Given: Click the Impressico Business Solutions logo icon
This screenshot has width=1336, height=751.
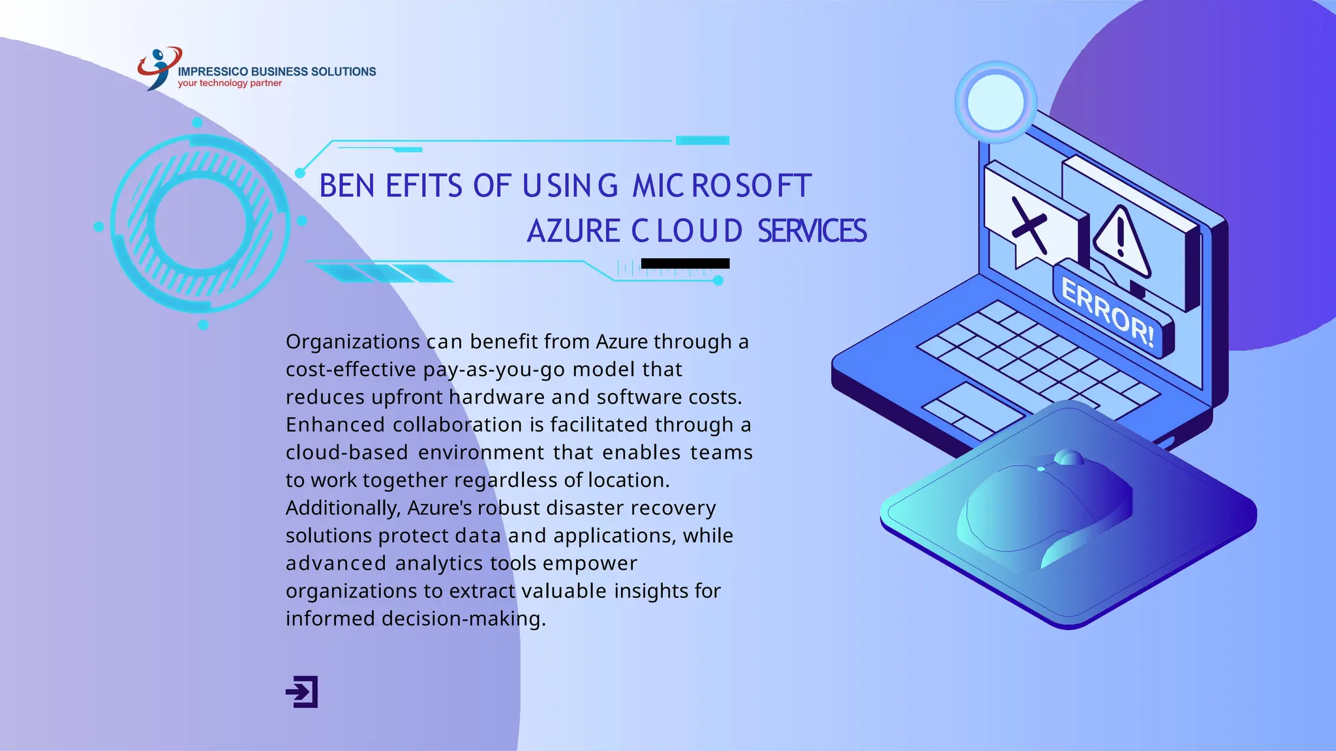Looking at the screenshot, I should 158,67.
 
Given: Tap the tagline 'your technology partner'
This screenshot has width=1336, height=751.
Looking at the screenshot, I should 230,83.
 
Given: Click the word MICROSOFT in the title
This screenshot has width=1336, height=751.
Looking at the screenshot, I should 721,186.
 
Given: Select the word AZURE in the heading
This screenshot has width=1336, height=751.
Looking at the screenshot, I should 573,231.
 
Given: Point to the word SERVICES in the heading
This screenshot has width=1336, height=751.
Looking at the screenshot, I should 812,231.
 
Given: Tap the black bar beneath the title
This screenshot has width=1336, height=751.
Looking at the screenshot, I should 685,263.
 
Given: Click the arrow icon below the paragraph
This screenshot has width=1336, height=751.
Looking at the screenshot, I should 302,692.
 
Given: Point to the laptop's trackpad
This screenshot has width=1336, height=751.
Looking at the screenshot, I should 972,411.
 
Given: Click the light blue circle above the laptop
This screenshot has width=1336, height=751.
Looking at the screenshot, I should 995,102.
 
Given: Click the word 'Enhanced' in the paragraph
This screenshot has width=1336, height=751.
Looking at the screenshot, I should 335,425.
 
